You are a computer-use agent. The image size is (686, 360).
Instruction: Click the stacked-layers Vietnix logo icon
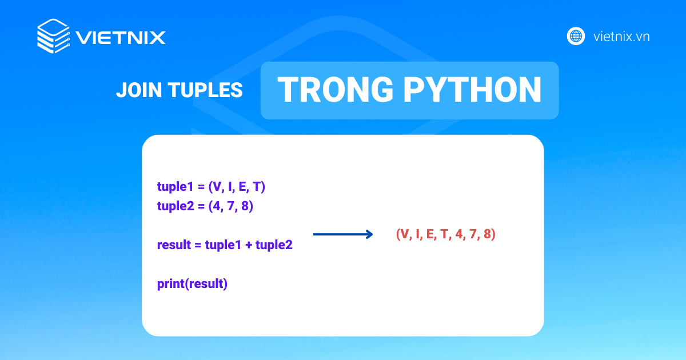pyautogui.click(x=53, y=37)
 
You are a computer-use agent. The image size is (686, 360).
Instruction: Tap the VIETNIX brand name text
pyautogui.click(x=121, y=38)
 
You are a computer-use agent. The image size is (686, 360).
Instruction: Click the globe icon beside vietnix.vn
pyautogui.click(x=575, y=37)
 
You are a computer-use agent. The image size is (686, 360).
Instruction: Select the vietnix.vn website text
pyautogui.click(x=621, y=37)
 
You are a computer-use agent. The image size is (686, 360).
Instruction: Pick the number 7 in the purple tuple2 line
pyautogui.click(x=232, y=206)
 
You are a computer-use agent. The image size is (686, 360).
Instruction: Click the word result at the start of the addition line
pyautogui.click(x=174, y=246)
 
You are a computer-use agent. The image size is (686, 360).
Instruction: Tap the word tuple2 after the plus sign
pyautogui.click(x=274, y=246)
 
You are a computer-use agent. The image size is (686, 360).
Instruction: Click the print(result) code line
pyautogui.click(x=192, y=284)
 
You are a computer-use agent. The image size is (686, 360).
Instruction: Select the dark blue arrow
pyautogui.click(x=343, y=234)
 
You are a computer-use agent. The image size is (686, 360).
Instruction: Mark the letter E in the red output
pyautogui.click(x=429, y=234)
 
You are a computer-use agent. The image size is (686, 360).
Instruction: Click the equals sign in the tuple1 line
pyautogui.click(x=201, y=187)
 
